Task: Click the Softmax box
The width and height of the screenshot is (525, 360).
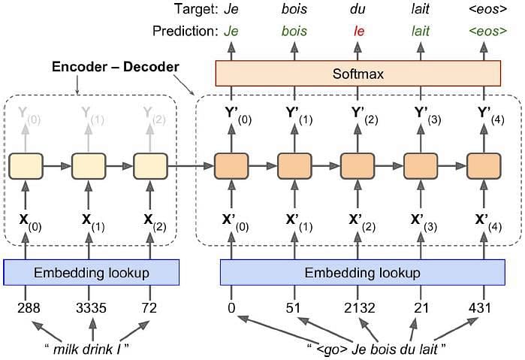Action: (x=358, y=74)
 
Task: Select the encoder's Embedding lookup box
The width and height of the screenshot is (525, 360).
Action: (x=92, y=272)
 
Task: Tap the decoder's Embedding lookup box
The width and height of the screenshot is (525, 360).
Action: (x=363, y=272)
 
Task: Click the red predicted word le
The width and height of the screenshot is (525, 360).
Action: (x=358, y=31)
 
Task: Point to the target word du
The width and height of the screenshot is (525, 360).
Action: (x=358, y=9)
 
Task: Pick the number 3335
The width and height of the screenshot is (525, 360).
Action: (x=91, y=307)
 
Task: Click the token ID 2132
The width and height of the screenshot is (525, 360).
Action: (x=360, y=307)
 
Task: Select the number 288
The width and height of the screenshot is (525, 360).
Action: (x=29, y=307)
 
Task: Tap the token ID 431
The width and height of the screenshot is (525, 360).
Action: (x=480, y=307)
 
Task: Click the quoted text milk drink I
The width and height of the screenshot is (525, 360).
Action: (x=87, y=349)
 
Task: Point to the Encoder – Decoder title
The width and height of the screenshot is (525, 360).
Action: (x=116, y=67)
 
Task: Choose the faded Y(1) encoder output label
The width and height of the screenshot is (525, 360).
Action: (x=92, y=115)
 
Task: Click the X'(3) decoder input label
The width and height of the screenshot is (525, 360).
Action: (x=424, y=222)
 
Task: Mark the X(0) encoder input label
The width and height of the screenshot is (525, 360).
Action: (x=30, y=222)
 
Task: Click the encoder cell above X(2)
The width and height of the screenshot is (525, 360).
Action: (x=150, y=166)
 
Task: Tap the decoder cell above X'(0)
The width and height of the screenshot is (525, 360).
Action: (x=231, y=166)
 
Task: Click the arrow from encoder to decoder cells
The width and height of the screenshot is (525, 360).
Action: (x=191, y=165)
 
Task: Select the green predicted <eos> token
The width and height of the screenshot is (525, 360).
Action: (x=488, y=31)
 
